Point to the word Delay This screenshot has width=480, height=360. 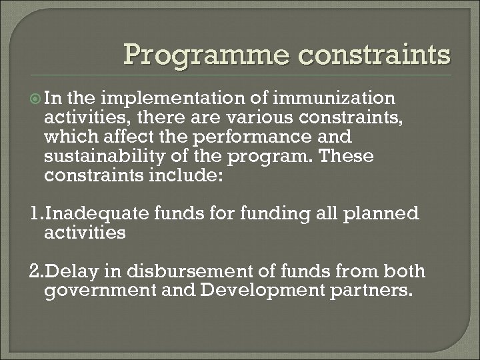tap(67, 272)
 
